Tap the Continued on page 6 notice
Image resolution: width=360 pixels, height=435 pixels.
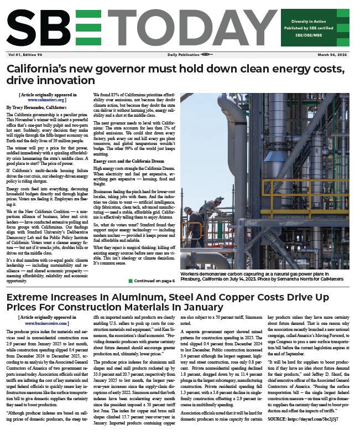(155, 281)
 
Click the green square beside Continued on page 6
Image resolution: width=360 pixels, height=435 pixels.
(131, 281)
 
